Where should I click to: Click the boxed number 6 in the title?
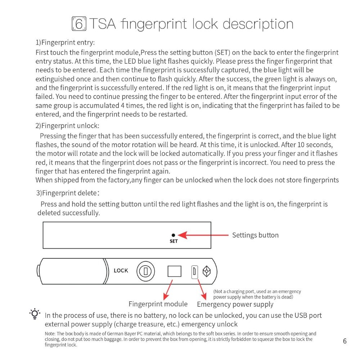click(x=79, y=24)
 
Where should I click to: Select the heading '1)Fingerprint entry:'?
click(x=65, y=42)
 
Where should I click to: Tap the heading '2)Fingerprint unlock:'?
click(x=67, y=126)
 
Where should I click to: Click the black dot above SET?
click(x=174, y=235)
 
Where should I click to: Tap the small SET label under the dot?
click(x=174, y=241)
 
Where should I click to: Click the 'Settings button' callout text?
click(x=255, y=235)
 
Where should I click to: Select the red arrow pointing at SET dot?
click(x=203, y=235)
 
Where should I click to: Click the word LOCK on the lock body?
click(x=121, y=270)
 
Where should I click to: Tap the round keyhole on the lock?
click(x=145, y=271)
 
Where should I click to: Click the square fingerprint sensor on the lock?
click(x=174, y=271)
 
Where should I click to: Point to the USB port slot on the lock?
click(x=194, y=271)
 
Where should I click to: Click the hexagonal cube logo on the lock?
click(x=207, y=271)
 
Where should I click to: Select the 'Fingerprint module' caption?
click(x=158, y=304)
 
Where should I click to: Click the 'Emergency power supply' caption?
click(x=235, y=304)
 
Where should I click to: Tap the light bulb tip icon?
click(x=35, y=314)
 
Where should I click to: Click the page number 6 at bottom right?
click(x=345, y=341)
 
